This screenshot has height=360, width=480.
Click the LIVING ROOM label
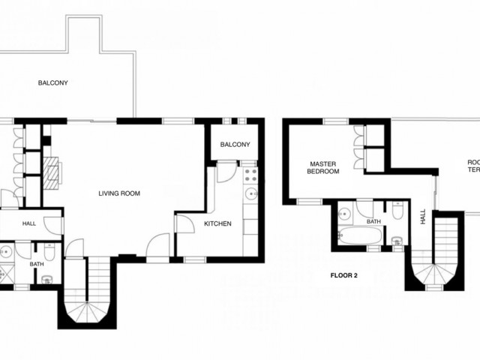tap(119, 193)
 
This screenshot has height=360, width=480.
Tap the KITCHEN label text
tap(217, 223)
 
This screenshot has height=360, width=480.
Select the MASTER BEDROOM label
tap(324, 167)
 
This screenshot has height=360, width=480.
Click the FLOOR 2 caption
tap(344, 275)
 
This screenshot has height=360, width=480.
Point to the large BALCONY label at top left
tap(53, 82)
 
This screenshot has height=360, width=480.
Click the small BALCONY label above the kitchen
tap(235, 145)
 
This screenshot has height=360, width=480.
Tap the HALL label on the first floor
tap(29, 223)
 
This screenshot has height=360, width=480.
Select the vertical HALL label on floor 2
tap(423, 216)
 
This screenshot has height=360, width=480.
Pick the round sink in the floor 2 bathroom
tap(346, 212)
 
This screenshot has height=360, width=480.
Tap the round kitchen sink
tap(252, 195)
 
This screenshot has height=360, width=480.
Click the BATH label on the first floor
tap(37, 264)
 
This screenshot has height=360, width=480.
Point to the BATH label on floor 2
tap(373, 221)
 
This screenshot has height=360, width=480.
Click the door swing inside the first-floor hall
tap(52, 225)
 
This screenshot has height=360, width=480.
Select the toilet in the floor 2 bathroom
tap(397, 241)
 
